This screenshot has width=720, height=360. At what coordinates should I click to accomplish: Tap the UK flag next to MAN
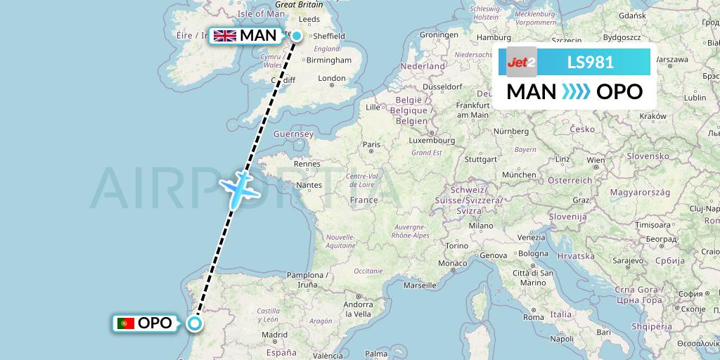coord(225,36)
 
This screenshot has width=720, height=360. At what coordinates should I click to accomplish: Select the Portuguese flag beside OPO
coord(127,323)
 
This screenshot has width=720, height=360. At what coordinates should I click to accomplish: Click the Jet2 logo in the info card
coord(522,62)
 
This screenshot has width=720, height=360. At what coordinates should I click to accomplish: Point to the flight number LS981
coord(591,63)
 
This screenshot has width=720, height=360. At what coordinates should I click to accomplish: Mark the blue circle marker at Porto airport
coord(194,323)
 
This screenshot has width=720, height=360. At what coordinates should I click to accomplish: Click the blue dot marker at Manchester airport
coord(297,36)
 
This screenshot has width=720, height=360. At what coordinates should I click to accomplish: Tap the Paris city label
coord(371,144)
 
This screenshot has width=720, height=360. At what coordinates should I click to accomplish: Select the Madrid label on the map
coord(275,335)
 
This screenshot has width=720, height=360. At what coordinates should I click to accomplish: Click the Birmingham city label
coord(329,60)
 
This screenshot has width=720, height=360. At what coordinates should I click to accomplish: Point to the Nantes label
coord(309,186)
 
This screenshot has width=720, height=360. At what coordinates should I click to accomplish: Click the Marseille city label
coord(420,286)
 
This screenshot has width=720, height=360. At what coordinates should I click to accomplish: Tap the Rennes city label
coord(307,164)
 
